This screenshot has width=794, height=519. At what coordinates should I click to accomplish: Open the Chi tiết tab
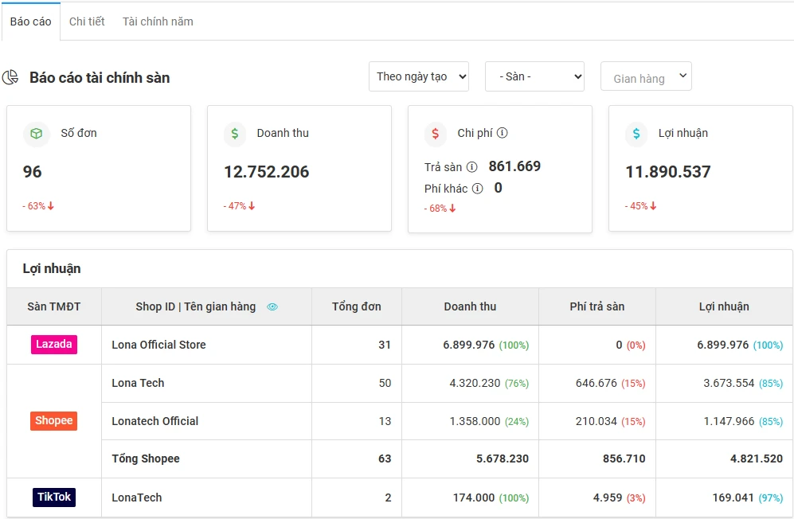click(x=87, y=21)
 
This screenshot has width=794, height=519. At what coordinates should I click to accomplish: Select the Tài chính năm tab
click(x=158, y=21)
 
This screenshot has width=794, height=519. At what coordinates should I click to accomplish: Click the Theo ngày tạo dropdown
click(x=418, y=76)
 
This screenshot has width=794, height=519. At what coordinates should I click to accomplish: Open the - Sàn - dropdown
click(x=534, y=76)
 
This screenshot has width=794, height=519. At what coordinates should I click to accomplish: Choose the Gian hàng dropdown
click(x=646, y=77)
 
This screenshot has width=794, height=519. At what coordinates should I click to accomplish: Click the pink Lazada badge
click(x=54, y=345)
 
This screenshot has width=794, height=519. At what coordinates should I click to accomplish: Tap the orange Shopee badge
click(x=54, y=421)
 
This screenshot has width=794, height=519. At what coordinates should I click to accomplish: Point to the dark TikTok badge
click(x=54, y=498)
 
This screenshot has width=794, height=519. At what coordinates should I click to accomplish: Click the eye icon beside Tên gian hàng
click(x=272, y=306)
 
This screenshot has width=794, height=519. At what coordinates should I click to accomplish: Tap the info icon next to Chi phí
click(x=503, y=134)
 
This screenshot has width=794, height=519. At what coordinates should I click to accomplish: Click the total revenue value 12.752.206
click(x=266, y=172)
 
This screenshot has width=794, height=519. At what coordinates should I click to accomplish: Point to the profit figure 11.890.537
click(x=667, y=172)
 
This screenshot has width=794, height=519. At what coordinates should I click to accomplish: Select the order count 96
click(x=33, y=172)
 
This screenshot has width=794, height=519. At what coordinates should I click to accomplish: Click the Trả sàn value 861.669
click(x=514, y=166)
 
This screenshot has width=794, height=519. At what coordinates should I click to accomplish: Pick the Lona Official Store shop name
click(x=158, y=345)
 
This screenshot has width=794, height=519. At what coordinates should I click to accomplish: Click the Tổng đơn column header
click(x=356, y=306)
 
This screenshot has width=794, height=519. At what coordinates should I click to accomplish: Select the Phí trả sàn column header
click(x=596, y=306)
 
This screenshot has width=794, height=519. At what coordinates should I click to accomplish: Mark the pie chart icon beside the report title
click(x=10, y=77)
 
